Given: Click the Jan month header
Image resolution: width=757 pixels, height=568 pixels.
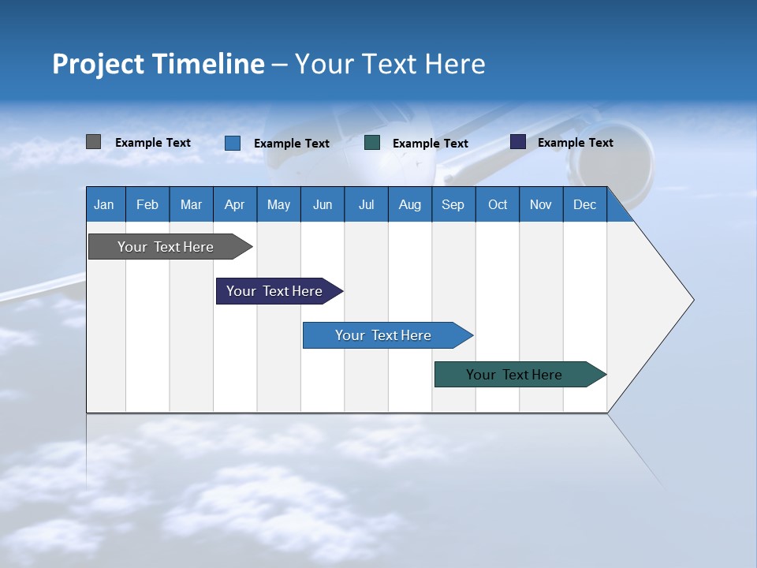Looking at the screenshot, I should [105, 204].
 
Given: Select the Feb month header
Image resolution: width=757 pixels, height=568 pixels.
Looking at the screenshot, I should [147, 204].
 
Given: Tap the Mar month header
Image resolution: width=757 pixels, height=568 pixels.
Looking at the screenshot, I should [191, 204].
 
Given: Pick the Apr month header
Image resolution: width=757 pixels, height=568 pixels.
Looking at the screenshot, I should [235, 204].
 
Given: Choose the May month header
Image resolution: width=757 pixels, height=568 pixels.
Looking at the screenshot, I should [278, 204].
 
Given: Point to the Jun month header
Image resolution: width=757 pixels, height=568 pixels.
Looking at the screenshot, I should [323, 204].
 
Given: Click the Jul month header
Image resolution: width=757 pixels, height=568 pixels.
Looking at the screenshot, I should [366, 204].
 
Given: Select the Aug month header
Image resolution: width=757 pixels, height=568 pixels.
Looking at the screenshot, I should [410, 204].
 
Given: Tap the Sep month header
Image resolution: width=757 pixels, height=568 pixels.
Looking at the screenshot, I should [453, 204].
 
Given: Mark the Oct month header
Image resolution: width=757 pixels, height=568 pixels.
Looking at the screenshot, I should [498, 204].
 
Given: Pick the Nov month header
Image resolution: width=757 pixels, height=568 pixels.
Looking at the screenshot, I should [541, 204].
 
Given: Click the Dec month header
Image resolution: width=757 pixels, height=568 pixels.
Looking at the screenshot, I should [585, 204].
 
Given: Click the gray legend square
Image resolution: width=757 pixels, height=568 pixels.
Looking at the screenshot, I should [94, 142].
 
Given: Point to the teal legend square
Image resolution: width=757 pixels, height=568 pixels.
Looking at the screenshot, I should [372, 143].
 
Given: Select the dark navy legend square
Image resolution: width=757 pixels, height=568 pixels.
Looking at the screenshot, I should [518, 142].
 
